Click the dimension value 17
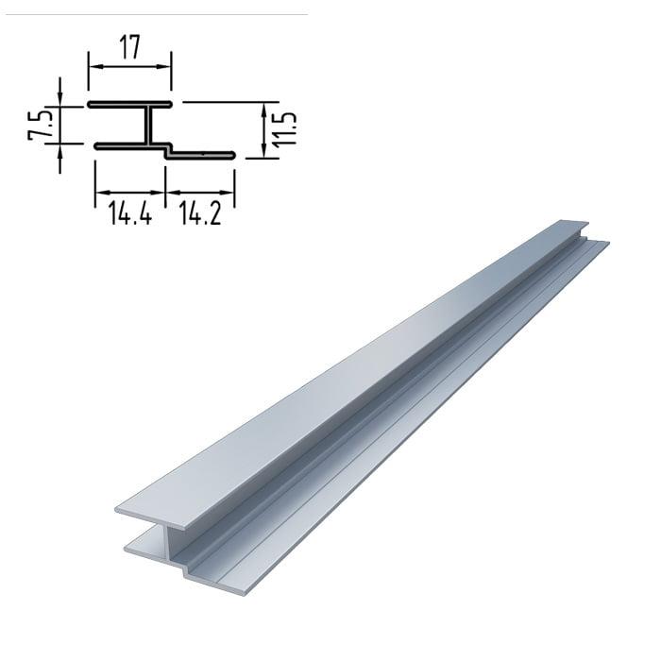[129, 47]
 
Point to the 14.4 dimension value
[130, 212]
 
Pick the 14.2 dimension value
[200, 212]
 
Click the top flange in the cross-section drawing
[130, 104]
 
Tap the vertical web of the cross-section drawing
[149, 126]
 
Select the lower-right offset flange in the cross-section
[200, 155]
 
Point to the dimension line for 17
[130, 67]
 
